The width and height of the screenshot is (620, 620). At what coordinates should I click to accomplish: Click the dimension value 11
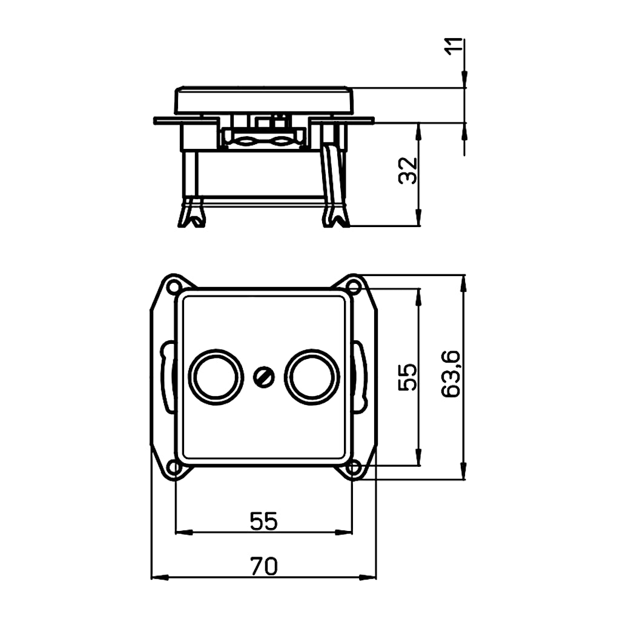point(454,47)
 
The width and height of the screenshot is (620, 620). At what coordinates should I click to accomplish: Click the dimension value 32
point(408,170)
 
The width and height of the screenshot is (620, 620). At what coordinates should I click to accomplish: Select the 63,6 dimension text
point(450,374)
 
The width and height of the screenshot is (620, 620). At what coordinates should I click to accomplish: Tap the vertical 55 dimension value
point(407,377)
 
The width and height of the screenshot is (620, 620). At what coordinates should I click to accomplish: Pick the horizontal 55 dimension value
point(264,521)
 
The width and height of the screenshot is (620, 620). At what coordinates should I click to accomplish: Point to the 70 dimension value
point(264,566)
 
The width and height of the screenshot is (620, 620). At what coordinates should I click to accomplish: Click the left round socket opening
point(216,377)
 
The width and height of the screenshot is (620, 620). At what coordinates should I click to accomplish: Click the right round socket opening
point(312,377)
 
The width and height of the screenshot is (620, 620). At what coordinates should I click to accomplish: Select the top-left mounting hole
point(173,286)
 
